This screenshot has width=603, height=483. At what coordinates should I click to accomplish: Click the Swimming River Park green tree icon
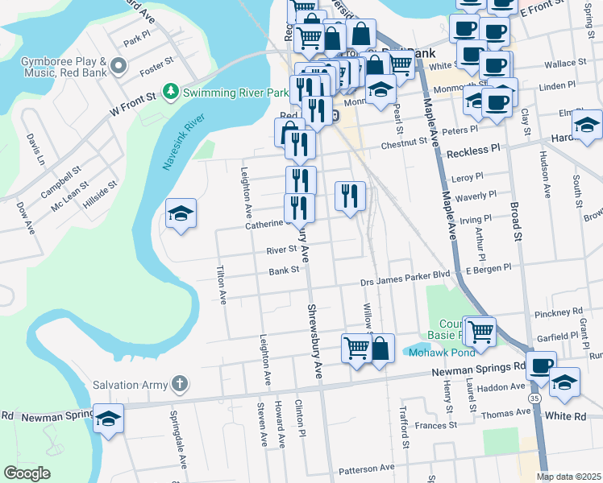click(170, 92)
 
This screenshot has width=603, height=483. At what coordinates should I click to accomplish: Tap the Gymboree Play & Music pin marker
click(119, 65)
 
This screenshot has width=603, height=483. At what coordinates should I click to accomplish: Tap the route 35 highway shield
click(535, 397)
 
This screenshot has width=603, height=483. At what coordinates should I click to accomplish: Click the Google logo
click(27, 473)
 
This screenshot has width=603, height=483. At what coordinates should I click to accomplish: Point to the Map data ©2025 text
click(568, 477)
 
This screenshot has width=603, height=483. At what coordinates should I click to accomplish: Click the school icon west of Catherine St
click(181, 214)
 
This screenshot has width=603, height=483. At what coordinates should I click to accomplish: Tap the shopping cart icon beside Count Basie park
click(480, 329)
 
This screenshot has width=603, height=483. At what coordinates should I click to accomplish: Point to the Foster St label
click(157, 61)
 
